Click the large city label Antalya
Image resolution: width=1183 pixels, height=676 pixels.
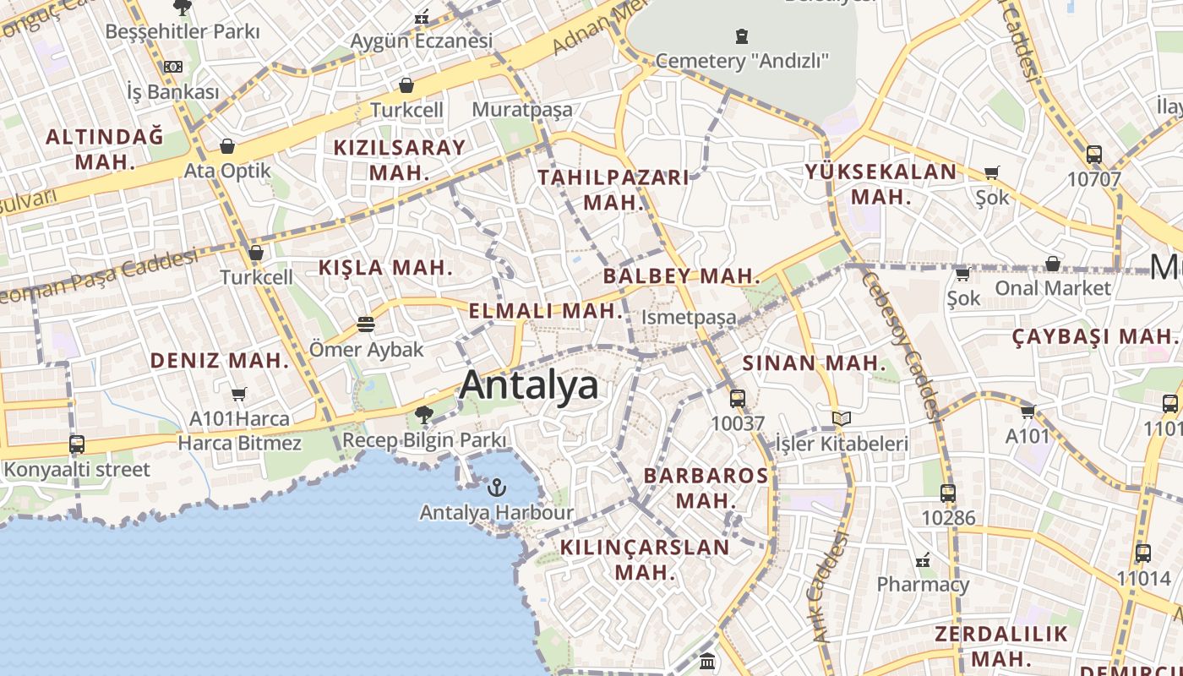coord(529,385)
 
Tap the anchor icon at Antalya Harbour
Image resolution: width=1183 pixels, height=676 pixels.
coord(497,488)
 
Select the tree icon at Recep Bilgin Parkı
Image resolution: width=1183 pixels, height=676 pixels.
coord(424,414)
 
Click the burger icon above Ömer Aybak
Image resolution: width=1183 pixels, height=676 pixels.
coord(366,324)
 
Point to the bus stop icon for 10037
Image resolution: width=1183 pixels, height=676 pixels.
coord(738,398)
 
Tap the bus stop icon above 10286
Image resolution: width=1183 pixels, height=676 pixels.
coord(948,493)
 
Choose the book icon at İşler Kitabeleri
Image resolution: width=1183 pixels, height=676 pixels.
coord(842,417)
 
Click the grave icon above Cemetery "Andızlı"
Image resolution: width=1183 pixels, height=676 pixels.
coord(742,35)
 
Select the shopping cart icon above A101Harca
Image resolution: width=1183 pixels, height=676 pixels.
coord(239,394)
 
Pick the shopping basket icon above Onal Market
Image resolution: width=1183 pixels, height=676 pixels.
coord(1053,264)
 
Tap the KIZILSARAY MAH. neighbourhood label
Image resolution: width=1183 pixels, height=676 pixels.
coord(399,160)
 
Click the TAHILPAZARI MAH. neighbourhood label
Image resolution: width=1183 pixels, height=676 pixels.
coord(613,190)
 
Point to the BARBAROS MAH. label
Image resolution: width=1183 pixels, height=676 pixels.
coord(706,488)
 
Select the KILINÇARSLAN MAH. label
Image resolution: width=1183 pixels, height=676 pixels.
coord(645,559)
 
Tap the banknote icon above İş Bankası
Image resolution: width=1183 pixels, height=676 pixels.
coord(173,67)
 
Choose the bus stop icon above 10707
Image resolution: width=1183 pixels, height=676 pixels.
coord(1094,154)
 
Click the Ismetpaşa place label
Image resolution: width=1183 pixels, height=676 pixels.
coord(690,318)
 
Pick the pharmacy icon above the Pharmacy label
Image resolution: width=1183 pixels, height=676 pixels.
coord(923,559)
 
